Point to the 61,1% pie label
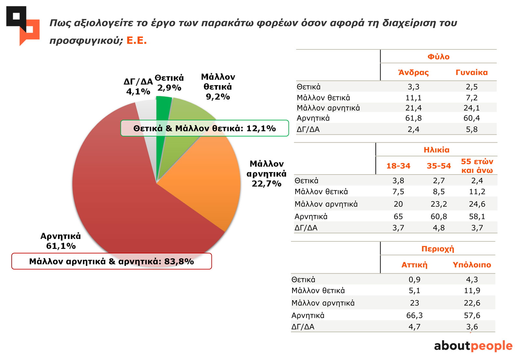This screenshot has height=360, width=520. [61, 246]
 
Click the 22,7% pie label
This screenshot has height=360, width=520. [266, 184]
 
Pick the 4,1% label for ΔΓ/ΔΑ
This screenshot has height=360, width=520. [138, 92]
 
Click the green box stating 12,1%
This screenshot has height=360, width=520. [204, 128]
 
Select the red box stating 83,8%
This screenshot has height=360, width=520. [111, 261]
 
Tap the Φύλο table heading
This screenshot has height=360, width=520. [438, 57]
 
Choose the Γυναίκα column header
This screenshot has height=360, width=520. [472, 72]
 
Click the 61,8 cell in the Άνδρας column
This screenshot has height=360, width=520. [413, 118]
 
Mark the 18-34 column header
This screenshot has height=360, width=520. [398, 166]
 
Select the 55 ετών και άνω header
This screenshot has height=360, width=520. [477, 166]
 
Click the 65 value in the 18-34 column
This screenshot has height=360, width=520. [398, 216]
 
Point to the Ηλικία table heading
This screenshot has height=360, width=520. [436, 150]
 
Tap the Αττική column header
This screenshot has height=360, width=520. [414, 265]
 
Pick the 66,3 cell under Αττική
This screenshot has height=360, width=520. [414, 315]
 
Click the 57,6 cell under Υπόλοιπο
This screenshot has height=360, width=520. [472, 315]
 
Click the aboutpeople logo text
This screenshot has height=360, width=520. [473, 346]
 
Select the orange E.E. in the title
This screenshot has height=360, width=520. [136, 41]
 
